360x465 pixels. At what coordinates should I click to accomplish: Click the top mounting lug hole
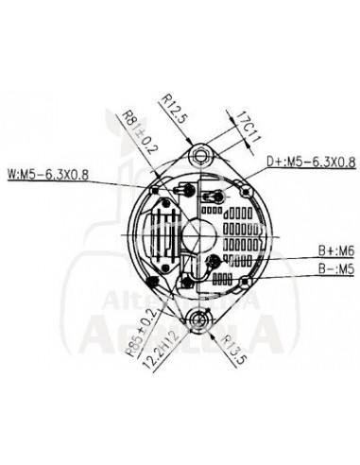tap(198, 154)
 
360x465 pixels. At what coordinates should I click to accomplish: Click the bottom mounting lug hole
tap(197, 320)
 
